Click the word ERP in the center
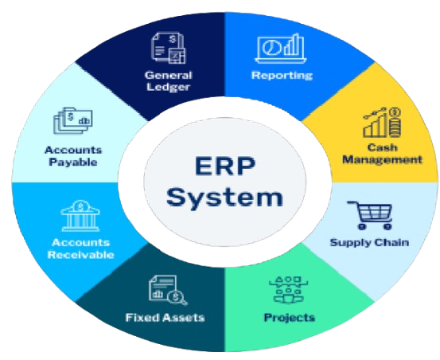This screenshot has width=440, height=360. tap(225, 166)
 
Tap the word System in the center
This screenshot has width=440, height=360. tap(224, 198)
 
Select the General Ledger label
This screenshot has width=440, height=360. tap(169, 81)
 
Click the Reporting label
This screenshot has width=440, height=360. tap(282, 76)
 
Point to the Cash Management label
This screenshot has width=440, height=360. tap(382, 154)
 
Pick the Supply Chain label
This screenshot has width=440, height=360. tap(369, 242)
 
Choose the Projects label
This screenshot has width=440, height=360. tap(290, 318)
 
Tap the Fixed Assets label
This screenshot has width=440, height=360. tap(165, 318)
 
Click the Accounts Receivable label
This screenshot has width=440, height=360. tap(81, 248)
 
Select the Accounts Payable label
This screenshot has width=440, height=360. tap(73, 156)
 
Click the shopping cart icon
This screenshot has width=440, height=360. tap(369, 215)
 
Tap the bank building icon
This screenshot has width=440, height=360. tap(80, 216)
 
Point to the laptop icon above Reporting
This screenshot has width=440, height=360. tap(281, 49)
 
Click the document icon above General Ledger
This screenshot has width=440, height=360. tap(168, 48)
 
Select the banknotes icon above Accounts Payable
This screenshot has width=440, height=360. tap(73, 121)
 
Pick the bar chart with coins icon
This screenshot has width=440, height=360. tap(382, 123)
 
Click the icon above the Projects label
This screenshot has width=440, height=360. tap(288, 290)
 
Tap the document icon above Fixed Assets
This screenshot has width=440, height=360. tap(168, 290)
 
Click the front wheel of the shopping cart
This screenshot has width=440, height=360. tap(387, 226)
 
